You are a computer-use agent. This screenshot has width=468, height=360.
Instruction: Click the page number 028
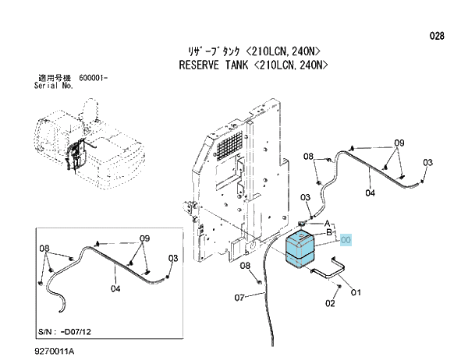(x=437, y=36)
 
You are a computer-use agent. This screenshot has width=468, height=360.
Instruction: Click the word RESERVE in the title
(x=199, y=65)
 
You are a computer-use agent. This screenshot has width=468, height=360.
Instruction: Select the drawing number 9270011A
(x=55, y=351)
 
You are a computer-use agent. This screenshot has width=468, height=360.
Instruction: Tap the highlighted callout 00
(x=346, y=240)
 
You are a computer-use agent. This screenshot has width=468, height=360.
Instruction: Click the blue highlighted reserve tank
(x=300, y=249)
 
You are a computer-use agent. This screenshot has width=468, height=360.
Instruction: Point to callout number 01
(x=356, y=292)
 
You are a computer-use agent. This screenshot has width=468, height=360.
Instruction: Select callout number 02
(x=330, y=304)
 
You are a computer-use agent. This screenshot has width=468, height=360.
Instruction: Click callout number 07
(x=239, y=298)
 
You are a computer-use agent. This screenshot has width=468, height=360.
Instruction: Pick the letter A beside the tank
(x=327, y=224)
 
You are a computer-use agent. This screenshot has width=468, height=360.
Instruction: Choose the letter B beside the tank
(x=329, y=232)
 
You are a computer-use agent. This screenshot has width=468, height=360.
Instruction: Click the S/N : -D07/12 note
(x=65, y=331)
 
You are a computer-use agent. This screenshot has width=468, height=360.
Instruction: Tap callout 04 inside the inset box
(x=115, y=288)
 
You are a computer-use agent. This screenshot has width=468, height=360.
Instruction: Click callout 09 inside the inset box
(x=144, y=238)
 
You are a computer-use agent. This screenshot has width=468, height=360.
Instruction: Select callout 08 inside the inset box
(x=44, y=248)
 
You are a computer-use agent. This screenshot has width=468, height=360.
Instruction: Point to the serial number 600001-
(x=94, y=78)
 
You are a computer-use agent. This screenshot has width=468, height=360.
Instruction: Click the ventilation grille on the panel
(x=229, y=146)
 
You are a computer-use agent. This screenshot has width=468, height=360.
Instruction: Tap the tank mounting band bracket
(x=328, y=267)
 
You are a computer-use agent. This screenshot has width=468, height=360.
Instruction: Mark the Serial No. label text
(x=54, y=86)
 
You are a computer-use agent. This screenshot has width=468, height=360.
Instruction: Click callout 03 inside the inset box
(x=173, y=258)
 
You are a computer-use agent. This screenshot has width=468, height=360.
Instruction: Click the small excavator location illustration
(x=90, y=143)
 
